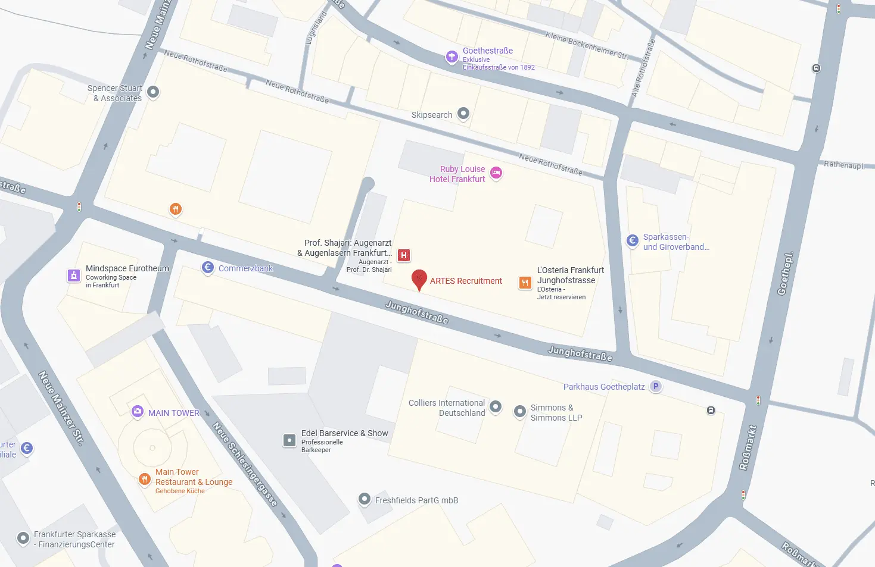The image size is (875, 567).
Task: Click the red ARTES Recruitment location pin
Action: point(419,279)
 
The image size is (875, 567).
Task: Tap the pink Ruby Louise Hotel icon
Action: point(496,173)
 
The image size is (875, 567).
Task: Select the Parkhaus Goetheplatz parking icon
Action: point(656,387)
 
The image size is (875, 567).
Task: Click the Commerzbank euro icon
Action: point(208,268)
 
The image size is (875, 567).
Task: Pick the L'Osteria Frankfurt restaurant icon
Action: point(525,283)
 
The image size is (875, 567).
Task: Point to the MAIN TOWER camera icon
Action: point(138,412)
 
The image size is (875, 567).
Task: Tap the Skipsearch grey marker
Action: point(463,114)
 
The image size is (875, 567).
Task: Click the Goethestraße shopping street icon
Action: point(452,57)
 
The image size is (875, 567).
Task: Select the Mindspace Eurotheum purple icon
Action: point(74,275)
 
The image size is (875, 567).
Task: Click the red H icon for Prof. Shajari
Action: point(404,256)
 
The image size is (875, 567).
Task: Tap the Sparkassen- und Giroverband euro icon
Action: point(633,240)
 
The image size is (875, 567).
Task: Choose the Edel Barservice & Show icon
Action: point(289,440)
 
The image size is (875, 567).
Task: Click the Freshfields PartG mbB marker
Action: point(365,500)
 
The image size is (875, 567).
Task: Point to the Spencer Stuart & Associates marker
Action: point(153,92)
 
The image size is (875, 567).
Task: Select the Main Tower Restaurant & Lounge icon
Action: point(144,479)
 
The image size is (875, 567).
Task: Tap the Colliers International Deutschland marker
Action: point(496,407)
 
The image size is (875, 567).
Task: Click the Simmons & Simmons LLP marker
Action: point(520,411)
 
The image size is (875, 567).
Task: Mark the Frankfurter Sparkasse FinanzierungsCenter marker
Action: point(23,538)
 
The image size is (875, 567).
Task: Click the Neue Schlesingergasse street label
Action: point(245,464)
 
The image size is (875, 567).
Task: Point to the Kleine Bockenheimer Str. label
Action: point(586,45)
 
